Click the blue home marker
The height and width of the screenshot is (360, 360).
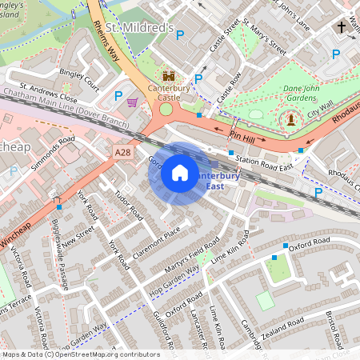[180, 173]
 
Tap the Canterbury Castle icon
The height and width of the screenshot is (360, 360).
[169, 77]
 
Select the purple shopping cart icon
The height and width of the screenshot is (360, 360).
[133, 102]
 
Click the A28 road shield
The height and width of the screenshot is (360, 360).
[122, 152]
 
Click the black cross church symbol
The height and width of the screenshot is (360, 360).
[342, 27]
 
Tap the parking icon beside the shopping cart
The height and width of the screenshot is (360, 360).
[118, 96]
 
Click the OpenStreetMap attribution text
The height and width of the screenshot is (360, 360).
[80, 354]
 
